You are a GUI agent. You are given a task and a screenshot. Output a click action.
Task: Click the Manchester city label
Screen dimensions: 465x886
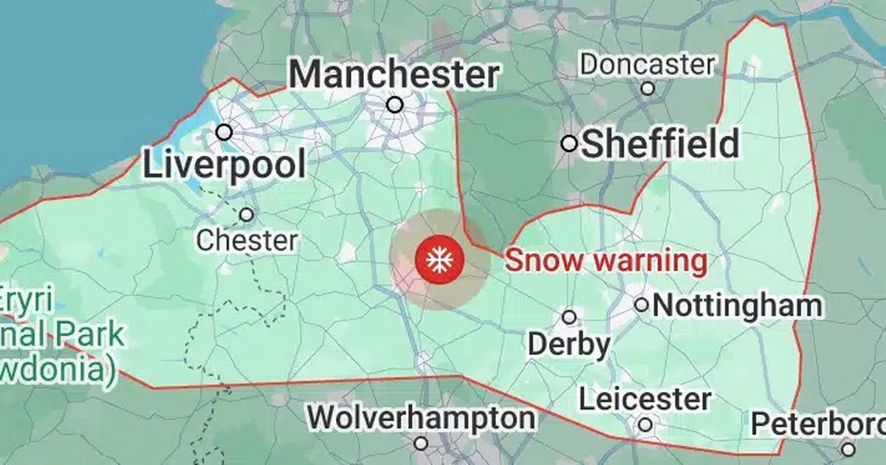[x=394, y=75]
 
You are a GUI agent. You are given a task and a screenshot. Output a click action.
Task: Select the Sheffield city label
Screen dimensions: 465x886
[x=660, y=144]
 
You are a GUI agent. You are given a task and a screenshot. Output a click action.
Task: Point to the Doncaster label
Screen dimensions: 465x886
[x=648, y=64]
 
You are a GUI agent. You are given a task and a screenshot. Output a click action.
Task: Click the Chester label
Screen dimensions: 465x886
[x=247, y=240]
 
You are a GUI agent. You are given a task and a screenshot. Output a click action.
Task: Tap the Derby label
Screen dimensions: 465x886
[x=569, y=345]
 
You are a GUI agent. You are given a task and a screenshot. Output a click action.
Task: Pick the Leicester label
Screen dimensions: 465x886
[x=645, y=400]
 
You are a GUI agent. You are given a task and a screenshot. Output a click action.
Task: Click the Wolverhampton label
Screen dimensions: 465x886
[x=422, y=418]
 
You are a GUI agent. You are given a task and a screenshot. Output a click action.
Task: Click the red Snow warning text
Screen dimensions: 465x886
[x=605, y=261]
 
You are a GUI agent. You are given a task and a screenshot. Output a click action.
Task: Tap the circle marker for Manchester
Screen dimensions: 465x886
[x=395, y=105]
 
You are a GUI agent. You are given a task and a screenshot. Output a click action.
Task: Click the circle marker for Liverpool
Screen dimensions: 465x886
[x=224, y=133]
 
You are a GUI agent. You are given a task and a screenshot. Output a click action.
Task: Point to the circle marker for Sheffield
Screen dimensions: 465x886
[x=569, y=144]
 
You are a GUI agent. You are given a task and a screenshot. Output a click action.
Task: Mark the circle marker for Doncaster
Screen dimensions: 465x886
[x=648, y=89]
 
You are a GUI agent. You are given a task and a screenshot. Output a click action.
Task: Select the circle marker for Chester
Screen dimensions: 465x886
[x=247, y=215]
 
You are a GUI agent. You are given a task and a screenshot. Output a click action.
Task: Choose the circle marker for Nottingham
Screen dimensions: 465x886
[x=642, y=304]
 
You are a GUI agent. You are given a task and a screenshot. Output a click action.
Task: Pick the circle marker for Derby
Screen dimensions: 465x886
[x=569, y=317]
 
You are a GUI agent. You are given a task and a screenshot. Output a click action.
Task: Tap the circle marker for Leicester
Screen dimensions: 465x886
[x=645, y=424]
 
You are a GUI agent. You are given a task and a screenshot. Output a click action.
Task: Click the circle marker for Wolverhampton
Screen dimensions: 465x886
[x=421, y=443]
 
